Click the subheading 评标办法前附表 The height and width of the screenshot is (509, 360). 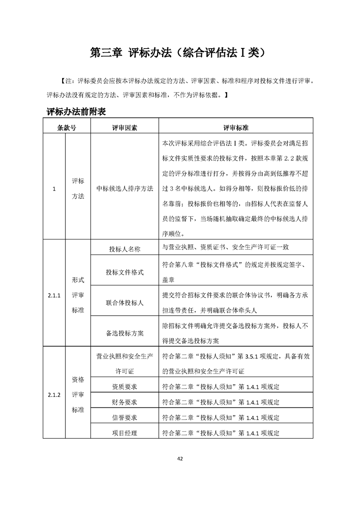pos(76,112)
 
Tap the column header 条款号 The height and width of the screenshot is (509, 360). pos(67,127)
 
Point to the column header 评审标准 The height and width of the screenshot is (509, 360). pos(235,127)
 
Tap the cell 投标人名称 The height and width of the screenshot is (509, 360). pos(125,249)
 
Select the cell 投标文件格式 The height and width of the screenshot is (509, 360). pos(125,272)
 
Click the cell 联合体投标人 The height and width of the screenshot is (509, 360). pos(125,302)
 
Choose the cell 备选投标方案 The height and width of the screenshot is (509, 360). pos(125,333)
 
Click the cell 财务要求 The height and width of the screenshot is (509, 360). pos(125,402)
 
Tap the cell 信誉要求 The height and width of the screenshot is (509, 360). pos(125,417)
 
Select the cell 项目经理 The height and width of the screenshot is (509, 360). pos(125,433)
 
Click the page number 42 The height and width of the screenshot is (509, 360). pos(180,459)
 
